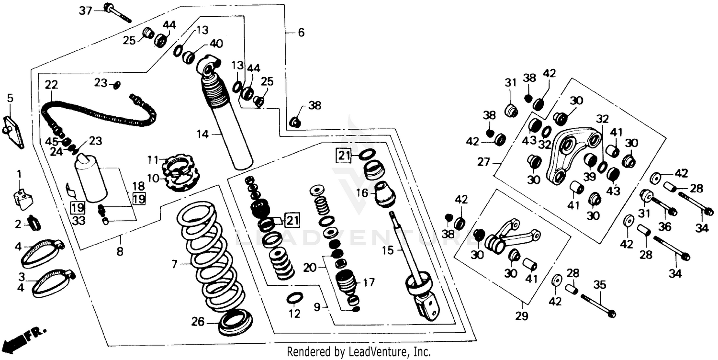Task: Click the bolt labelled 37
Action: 117,12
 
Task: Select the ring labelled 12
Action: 294,299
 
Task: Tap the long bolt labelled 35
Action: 598,305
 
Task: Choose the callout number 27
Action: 483,163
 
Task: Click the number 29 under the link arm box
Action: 521,316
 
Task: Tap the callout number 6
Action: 301,33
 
